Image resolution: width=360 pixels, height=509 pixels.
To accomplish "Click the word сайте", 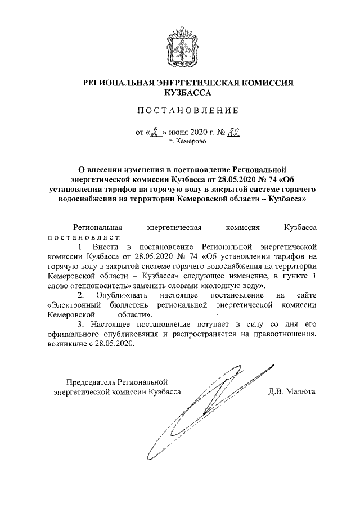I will click(x=305, y=295).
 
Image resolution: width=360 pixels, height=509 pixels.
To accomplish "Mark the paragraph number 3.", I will click(x=80, y=325).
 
